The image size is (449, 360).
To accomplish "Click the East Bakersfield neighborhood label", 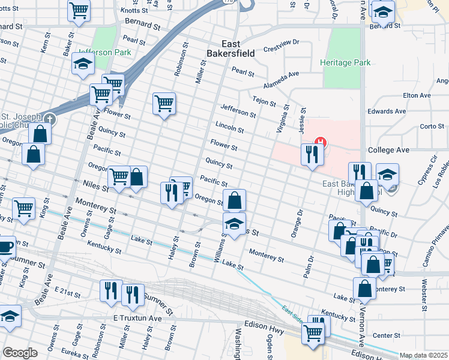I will point(238,49).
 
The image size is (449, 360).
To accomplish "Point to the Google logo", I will point(20,353).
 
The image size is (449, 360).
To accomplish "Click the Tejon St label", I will point(264,100).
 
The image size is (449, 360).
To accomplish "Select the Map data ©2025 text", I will point(424,355).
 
